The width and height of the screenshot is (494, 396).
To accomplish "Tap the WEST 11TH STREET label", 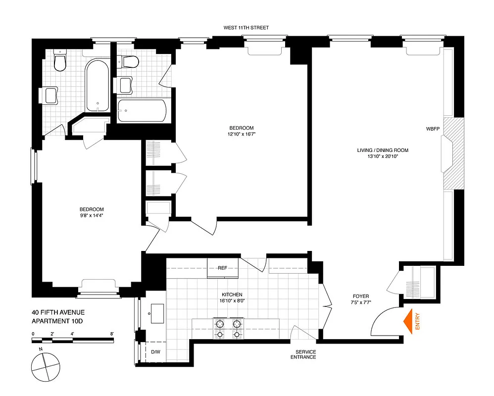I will (246, 28).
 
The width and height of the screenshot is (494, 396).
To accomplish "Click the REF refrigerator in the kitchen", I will (222, 268).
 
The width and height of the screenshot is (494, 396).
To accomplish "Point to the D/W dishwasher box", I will (155, 352).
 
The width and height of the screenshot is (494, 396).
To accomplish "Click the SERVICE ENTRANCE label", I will (303, 354).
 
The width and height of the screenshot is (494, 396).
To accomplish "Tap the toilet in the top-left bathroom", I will (60, 62).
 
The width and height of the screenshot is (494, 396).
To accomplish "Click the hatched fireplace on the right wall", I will (453, 153).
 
